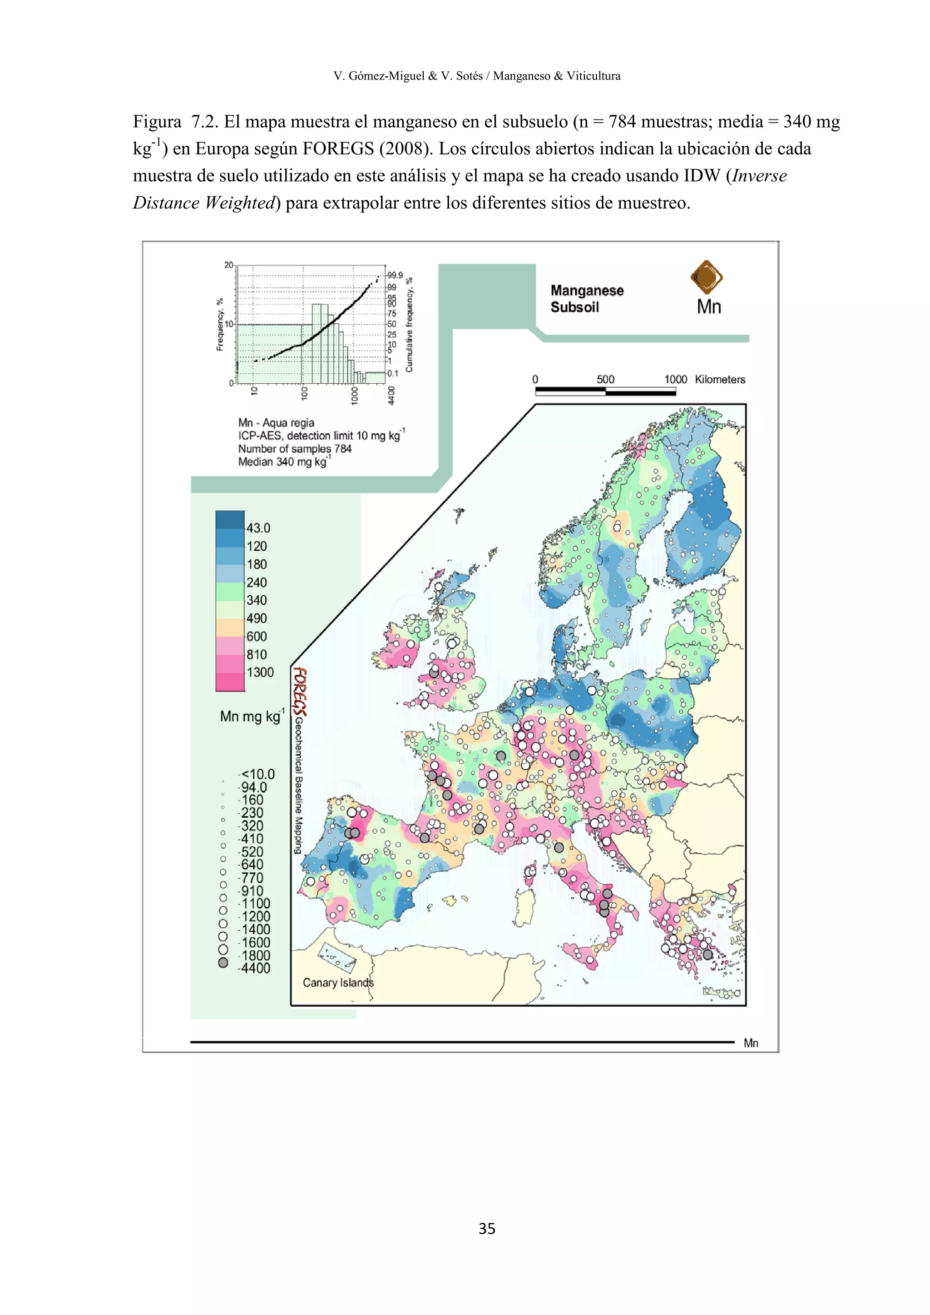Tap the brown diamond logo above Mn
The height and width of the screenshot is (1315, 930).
[x=707, y=277]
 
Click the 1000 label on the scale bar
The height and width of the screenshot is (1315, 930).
[x=675, y=379]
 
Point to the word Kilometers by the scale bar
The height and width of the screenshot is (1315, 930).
[x=720, y=379]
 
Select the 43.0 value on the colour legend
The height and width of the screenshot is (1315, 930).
[x=258, y=528]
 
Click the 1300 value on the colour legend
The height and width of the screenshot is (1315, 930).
[x=260, y=672]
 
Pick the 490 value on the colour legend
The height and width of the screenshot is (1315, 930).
[x=257, y=618]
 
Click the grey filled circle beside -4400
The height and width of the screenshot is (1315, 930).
[x=223, y=963]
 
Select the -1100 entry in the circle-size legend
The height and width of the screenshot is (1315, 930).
[x=254, y=903]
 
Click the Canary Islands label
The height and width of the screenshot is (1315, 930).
[x=338, y=983]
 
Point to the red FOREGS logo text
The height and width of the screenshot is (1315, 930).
[x=300, y=691]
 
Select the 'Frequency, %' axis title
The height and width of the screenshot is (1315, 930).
[x=219, y=324]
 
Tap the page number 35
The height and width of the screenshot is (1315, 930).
[x=487, y=1229]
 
